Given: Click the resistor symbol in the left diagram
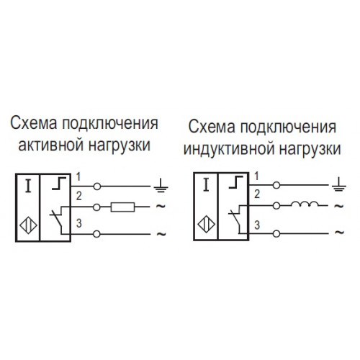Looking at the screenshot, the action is click(x=122, y=207).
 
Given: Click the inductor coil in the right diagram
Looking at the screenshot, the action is click(x=305, y=204).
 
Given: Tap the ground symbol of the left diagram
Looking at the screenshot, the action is click(x=161, y=186).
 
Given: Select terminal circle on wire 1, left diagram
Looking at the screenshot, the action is click(x=97, y=186).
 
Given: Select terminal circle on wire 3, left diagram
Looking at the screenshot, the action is click(x=96, y=234).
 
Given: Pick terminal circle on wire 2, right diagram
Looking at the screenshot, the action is click(x=276, y=206).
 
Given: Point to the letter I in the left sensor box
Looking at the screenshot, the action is click(x=29, y=186).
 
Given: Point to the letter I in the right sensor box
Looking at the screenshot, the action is click(x=206, y=185).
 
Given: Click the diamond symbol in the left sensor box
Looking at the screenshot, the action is click(x=28, y=225).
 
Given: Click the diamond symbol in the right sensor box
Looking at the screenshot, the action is click(x=206, y=225).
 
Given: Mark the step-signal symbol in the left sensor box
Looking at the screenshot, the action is click(x=59, y=184).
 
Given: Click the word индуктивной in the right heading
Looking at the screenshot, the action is click(x=229, y=148).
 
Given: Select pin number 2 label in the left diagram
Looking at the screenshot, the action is click(x=79, y=197).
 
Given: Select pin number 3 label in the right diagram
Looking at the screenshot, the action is click(x=257, y=225).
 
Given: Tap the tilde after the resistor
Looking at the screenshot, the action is click(x=161, y=206).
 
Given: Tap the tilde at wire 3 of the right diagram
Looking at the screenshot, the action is click(x=339, y=232).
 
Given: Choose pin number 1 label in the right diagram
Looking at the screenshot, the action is click(x=256, y=176).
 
